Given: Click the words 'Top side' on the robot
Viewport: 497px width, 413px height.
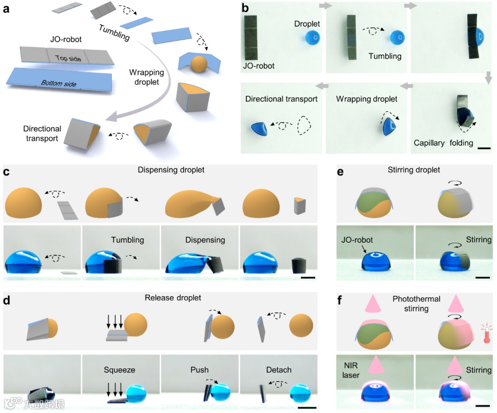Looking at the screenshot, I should point(68,58).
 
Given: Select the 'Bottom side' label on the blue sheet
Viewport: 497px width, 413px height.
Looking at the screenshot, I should point(58,83).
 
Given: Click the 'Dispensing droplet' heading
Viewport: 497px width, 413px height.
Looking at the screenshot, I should point(171,170).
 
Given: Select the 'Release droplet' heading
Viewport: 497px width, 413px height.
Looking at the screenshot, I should point(173,298).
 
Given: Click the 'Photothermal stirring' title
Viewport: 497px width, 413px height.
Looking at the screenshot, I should point(416,304).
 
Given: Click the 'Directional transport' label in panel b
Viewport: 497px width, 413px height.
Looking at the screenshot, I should point(281,99).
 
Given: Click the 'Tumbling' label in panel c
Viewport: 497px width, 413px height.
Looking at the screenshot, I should point(127,240).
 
